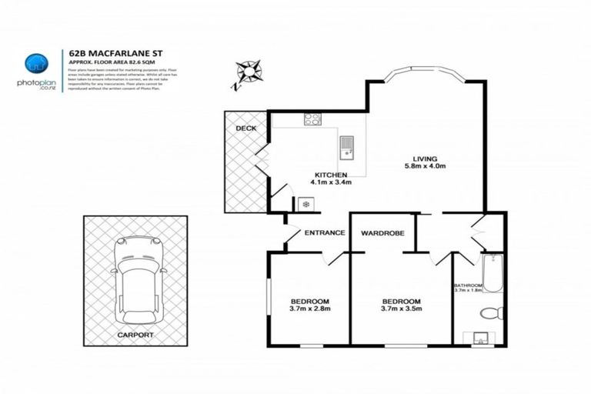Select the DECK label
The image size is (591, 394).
point(245,128)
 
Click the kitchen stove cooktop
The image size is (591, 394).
point(313,119)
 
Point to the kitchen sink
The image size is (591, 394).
point(346,145)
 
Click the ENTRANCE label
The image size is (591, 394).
point(324,232)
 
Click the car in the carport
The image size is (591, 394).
point(138,276)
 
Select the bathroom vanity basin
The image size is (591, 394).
point(481,337)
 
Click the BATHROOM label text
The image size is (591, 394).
point(469,285)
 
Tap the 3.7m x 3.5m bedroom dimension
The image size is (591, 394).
point(402,309)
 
